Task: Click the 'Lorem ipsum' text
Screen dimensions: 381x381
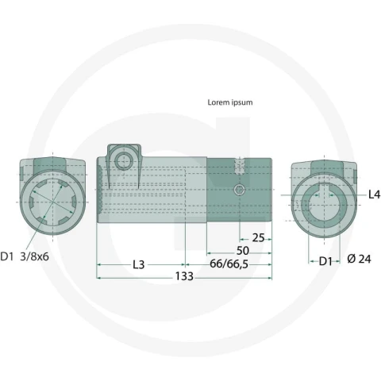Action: [x=230, y=102]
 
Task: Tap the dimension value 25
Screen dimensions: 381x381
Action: [x=258, y=238]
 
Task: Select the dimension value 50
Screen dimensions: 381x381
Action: [x=242, y=251]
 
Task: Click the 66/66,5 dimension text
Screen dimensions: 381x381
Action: [x=229, y=264]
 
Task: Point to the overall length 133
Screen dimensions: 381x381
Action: [x=184, y=276]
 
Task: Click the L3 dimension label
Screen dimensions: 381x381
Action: [x=138, y=264]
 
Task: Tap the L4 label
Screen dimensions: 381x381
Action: [x=374, y=194]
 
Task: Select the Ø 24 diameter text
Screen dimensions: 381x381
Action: [x=359, y=259]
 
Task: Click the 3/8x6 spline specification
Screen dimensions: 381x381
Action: [x=34, y=256]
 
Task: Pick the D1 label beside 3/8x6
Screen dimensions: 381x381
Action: [x=6, y=256]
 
